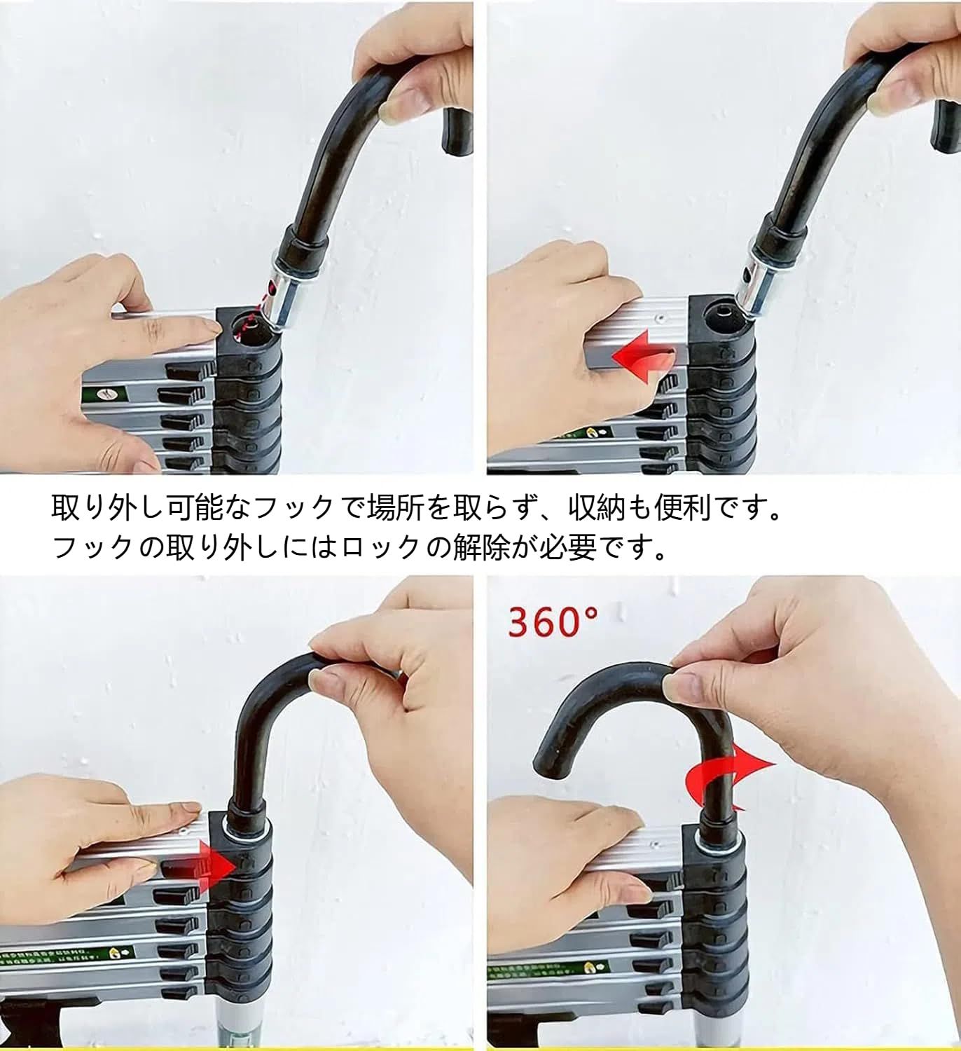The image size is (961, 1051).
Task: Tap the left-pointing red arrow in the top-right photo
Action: (641, 357)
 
